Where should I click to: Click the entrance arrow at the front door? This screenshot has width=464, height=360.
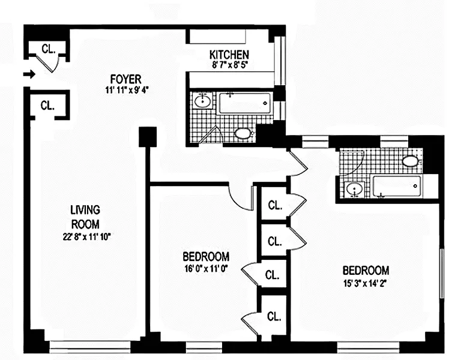pyautogui.click(x=29, y=74)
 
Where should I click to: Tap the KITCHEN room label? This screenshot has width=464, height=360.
pyautogui.click(x=229, y=55)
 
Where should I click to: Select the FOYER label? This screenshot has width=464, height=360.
pyautogui.click(x=126, y=79)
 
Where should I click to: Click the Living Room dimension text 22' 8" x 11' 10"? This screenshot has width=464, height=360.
pyautogui.click(x=86, y=237)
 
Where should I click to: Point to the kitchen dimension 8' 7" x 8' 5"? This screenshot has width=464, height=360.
pyautogui.click(x=229, y=65)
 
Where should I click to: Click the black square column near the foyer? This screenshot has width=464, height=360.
pyautogui.click(x=148, y=137)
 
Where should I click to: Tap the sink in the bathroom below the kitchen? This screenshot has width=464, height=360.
pyautogui.click(x=203, y=101)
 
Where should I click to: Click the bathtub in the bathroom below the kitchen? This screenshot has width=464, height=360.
pyautogui.click(x=244, y=103)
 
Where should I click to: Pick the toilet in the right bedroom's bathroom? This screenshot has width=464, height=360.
pyautogui.click(x=411, y=161)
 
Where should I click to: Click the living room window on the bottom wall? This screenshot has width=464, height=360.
pyautogui.click(x=89, y=347)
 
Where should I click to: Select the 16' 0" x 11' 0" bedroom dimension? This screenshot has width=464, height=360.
pyautogui.click(x=206, y=269)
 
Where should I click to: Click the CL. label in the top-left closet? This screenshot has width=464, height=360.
pyautogui.click(x=48, y=49)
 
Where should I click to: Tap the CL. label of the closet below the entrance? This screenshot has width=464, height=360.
pyautogui.click(x=47, y=105)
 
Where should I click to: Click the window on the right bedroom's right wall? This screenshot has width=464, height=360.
pyautogui.click(x=442, y=273)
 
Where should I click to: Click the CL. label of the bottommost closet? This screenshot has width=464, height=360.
pyautogui.click(x=274, y=317)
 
